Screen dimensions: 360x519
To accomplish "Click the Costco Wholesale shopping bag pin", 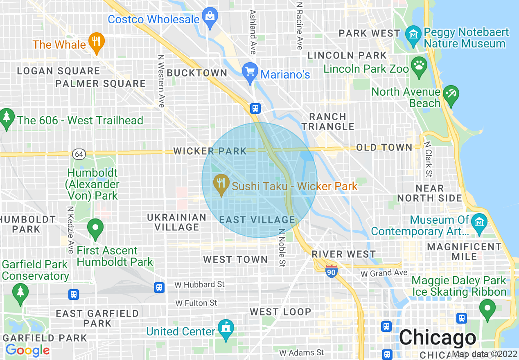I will [x=210, y=17].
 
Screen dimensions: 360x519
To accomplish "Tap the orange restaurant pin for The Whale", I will [x=96, y=42].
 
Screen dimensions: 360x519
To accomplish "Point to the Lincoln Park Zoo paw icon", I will [x=419, y=66].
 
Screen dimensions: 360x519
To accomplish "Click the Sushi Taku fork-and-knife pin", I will [x=221, y=183].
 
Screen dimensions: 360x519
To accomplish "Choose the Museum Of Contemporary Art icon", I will [x=478, y=223].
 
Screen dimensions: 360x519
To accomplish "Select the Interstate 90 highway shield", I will [x=332, y=271].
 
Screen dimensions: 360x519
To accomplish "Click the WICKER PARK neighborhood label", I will [x=210, y=151].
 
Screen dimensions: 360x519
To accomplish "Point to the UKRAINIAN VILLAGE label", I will [x=177, y=222].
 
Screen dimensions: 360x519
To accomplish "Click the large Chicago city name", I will [x=438, y=338].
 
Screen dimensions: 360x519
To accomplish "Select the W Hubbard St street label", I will [x=199, y=284].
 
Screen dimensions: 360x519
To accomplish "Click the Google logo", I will [x=27, y=350].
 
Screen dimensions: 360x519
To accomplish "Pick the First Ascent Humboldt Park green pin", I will [x=96, y=228].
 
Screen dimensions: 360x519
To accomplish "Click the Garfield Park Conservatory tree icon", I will [x=20, y=292].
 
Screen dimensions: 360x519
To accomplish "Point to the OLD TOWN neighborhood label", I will [x=384, y=148].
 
